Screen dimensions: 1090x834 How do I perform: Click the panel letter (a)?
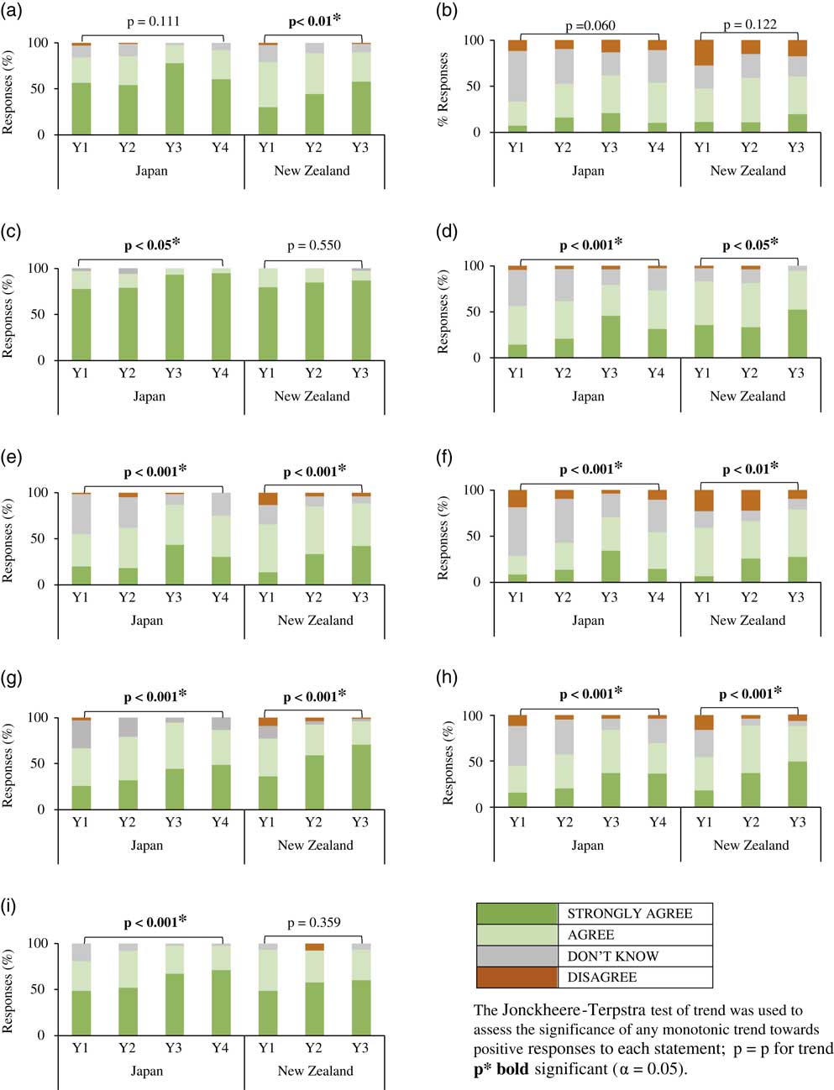[x=13, y=13]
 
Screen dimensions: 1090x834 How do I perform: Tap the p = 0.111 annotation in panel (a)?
[x=152, y=21]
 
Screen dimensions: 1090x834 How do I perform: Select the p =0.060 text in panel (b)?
[x=590, y=25]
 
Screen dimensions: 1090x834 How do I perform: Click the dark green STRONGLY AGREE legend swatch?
[x=517, y=914]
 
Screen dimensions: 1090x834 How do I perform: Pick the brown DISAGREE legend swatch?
[x=517, y=977]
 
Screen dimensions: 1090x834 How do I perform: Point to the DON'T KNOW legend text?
[x=613, y=956]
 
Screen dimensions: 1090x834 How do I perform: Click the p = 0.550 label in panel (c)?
[x=313, y=246]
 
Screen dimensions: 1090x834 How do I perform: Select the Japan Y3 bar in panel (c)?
[x=174, y=315]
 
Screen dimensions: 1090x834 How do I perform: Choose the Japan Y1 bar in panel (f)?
[x=517, y=536]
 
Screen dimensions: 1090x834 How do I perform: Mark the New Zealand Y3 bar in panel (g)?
[x=360, y=763]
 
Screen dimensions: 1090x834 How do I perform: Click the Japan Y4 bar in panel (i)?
[x=220, y=989]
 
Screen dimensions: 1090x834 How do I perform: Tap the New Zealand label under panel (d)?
[x=747, y=396]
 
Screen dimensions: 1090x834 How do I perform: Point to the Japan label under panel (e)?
[x=147, y=620]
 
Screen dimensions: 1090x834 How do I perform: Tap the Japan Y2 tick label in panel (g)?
[x=127, y=822]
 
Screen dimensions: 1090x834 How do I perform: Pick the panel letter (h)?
[x=449, y=686]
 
